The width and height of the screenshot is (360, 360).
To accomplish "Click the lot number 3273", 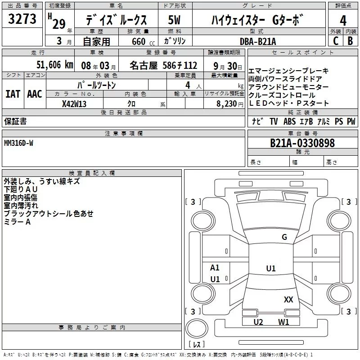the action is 22,19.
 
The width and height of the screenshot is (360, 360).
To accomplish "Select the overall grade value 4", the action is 343,21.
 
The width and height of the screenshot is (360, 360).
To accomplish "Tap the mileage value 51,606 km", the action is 55,65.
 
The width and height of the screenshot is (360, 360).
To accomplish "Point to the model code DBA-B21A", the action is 258,41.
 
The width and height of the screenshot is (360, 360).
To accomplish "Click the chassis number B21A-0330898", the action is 302,143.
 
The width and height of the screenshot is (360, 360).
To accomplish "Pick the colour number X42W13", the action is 74,104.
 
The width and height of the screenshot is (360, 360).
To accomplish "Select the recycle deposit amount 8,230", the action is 226,104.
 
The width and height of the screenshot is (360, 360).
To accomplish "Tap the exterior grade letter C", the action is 336,41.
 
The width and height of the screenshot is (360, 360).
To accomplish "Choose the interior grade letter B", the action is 350,41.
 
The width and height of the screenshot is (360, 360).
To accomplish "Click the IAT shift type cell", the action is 13,94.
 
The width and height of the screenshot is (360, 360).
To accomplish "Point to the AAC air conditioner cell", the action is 35,94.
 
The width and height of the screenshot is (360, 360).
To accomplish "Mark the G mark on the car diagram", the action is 284,237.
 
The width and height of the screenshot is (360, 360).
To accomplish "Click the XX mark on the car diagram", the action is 288,300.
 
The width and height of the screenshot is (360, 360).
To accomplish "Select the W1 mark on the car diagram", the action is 283,322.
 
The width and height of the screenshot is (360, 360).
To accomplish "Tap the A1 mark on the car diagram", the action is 215,268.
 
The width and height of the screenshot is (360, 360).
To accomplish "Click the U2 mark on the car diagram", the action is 258,322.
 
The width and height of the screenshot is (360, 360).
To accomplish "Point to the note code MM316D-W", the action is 18,143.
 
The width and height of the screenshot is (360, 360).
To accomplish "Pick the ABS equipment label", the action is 289,121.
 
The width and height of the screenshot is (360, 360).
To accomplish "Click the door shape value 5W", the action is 174,20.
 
